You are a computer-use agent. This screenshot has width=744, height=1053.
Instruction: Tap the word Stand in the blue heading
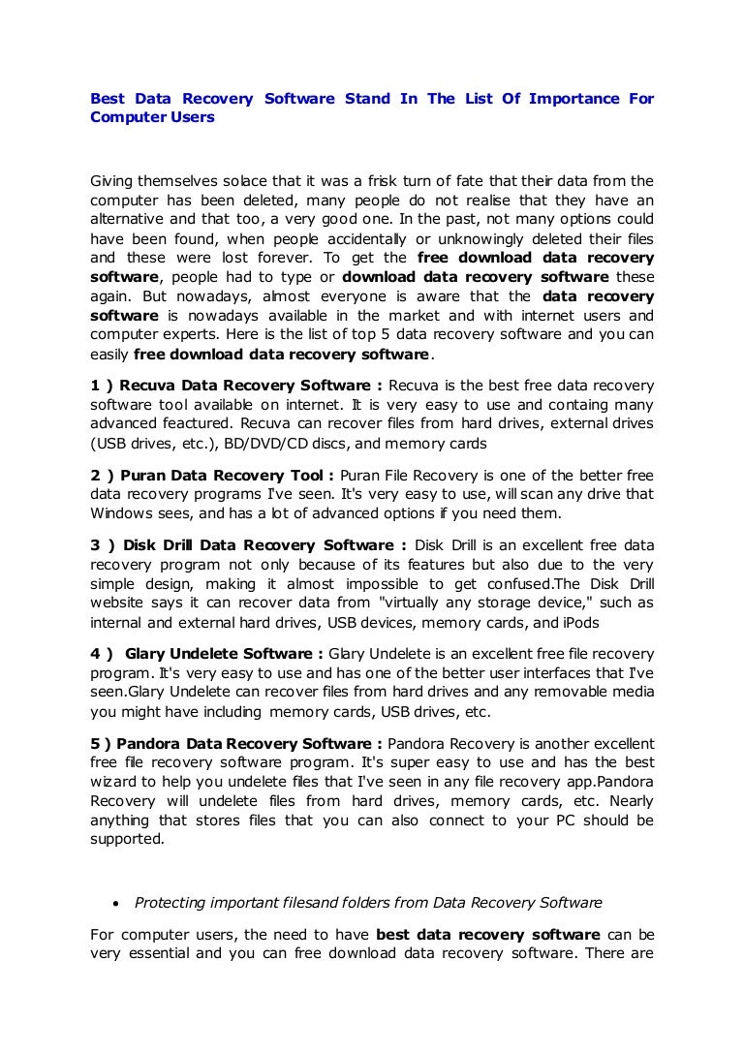click(x=363, y=99)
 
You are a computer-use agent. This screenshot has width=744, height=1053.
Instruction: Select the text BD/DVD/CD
click(x=259, y=445)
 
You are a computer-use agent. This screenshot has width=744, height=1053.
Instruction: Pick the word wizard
click(x=114, y=782)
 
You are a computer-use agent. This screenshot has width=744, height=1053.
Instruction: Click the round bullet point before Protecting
click(x=115, y=904)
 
